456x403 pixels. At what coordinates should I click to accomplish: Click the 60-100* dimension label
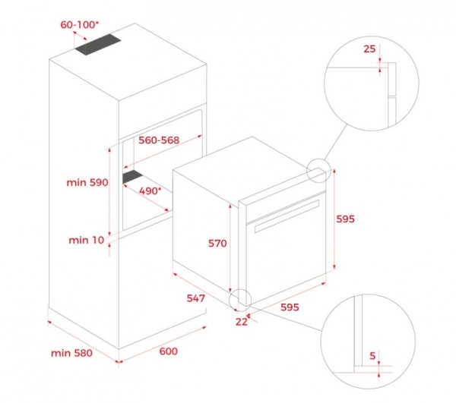click(79, 25)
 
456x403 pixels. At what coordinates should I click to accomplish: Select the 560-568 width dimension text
click(159, 140)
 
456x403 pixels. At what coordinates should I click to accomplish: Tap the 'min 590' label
click(87, 183)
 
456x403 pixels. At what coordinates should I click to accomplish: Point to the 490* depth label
click(150, 191)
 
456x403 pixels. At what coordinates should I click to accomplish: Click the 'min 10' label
click(87, 240)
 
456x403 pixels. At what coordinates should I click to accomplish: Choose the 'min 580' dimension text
click(71, 353)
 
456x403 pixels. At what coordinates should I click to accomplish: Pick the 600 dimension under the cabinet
click(169, 351)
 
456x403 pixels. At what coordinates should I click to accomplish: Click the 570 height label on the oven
click(217, 244)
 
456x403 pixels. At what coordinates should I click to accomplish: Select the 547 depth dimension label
click(196, 298)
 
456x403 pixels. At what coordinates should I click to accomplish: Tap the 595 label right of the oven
click(346, 219)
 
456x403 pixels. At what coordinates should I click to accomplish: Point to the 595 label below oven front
click(290, 307)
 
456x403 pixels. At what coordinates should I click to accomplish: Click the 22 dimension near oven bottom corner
click(242, 322)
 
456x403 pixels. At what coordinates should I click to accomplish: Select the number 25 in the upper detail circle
click(369, 49)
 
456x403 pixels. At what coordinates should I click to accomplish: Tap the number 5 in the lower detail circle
click(372, 356)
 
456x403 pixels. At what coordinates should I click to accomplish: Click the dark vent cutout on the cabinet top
click(98, 45)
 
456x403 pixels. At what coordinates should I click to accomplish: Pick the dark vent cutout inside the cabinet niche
click(132, 177)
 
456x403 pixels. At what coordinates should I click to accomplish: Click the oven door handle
click(287, 216)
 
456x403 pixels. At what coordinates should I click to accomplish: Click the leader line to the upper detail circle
click(336, 142)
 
